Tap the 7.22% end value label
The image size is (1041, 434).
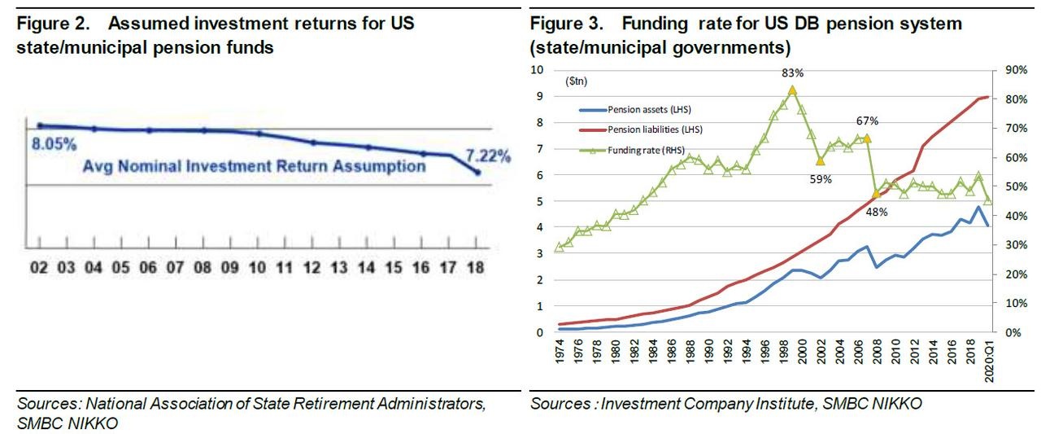pos(489,156)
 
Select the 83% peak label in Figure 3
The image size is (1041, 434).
pos(793,73)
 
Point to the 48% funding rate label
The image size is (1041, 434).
pos(876,212)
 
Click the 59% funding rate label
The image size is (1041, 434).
pos(821,179)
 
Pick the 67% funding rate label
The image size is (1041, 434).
pos(867,121)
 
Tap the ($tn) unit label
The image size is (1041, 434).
pos(577,81)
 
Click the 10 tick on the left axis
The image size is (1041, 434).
pos(537,70)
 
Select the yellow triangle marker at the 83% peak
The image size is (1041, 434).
pos(792,90)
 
